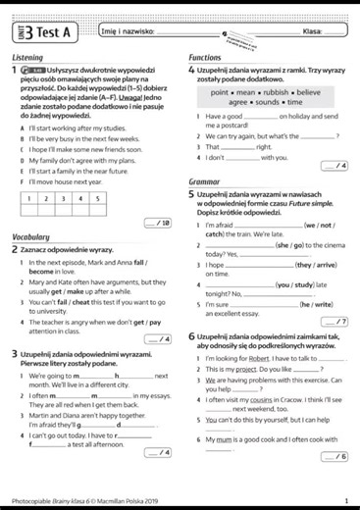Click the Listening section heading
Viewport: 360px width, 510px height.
tap(28, 59)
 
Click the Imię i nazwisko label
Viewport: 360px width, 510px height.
tap(129, 32)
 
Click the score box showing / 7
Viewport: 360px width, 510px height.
tap(335, 321)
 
